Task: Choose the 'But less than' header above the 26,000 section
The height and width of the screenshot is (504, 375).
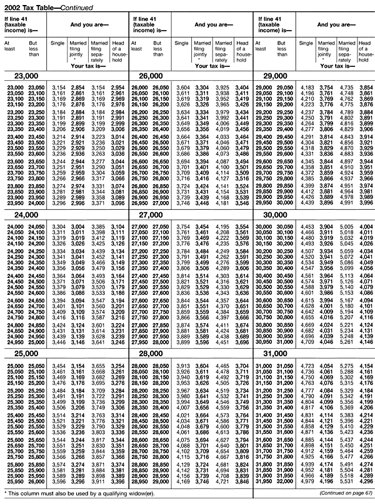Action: pyautogui.click(x=161, y=48)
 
